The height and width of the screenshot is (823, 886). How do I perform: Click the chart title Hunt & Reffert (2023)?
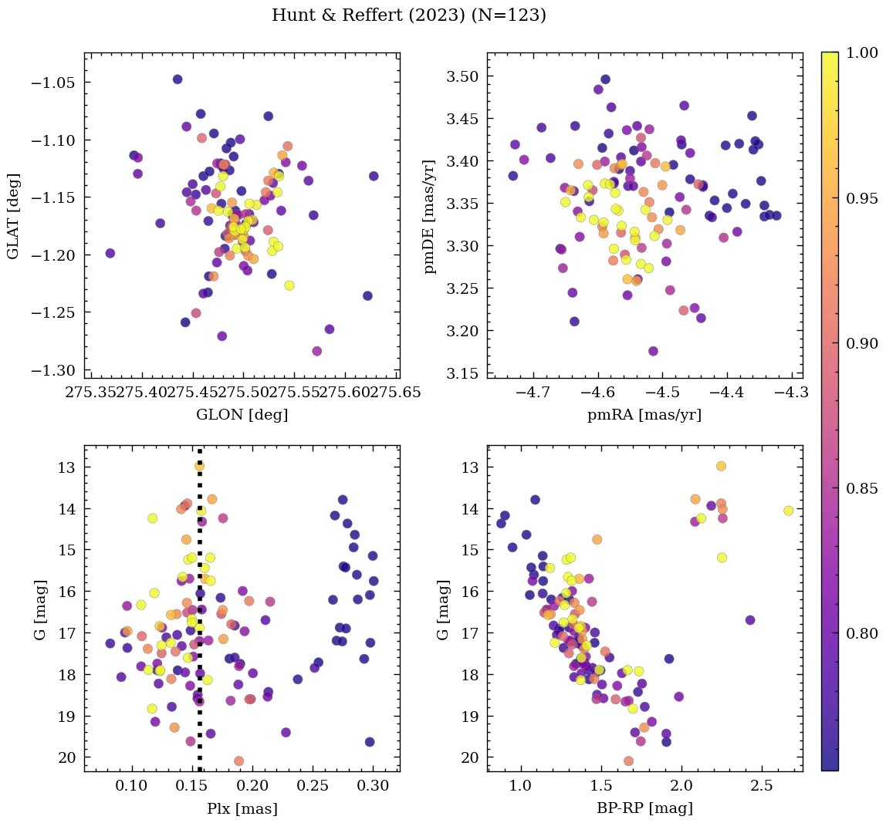[x=409, y=15]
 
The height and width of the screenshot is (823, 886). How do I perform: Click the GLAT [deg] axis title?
[x=13, y=215]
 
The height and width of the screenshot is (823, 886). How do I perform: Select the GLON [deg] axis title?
[x=242, y=415]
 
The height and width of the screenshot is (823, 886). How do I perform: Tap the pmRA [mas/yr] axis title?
[x=644, y=415]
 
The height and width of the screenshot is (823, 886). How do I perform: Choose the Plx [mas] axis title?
[x=242, y=808]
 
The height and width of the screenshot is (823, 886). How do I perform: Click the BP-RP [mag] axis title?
[x=644, y=808]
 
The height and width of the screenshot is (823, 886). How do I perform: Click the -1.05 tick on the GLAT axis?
[x=56, y=83]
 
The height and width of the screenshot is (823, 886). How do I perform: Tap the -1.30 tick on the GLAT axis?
[x=56, y=370]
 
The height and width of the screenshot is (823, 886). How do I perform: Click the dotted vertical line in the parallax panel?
[x=200, y=617]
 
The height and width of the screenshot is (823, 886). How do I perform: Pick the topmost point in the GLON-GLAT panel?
[x=178, y=79]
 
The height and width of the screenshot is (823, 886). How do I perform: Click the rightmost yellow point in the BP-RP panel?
[x=788, y=511]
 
